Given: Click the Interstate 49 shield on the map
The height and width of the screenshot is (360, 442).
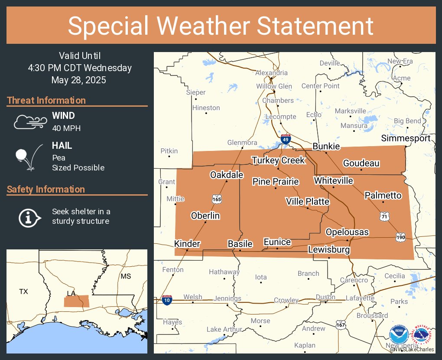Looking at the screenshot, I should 285,140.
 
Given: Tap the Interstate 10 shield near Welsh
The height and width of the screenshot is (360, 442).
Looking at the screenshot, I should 167,300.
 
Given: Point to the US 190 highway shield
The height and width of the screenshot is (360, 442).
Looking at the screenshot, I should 400,237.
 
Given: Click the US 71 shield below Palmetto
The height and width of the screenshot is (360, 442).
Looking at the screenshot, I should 383,216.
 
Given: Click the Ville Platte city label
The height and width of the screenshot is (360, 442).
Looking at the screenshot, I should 307,202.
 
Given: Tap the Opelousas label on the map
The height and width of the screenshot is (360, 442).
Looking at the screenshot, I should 347,232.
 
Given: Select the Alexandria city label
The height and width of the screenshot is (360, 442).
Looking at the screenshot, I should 271,73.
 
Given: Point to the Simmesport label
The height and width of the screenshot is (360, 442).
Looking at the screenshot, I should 406,138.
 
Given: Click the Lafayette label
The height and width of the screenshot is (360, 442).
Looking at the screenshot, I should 360,298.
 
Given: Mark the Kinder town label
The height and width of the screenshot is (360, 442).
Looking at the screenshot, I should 187,244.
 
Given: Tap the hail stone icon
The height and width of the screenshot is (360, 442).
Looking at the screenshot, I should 27,157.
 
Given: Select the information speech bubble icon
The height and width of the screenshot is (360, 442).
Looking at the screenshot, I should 29,217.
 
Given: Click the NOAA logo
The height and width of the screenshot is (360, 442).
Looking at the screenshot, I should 398,335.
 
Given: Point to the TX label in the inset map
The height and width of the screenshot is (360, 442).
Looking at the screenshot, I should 23,291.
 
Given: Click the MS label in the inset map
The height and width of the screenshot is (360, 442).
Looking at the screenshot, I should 126,276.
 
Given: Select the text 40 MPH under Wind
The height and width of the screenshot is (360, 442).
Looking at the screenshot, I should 66,128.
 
